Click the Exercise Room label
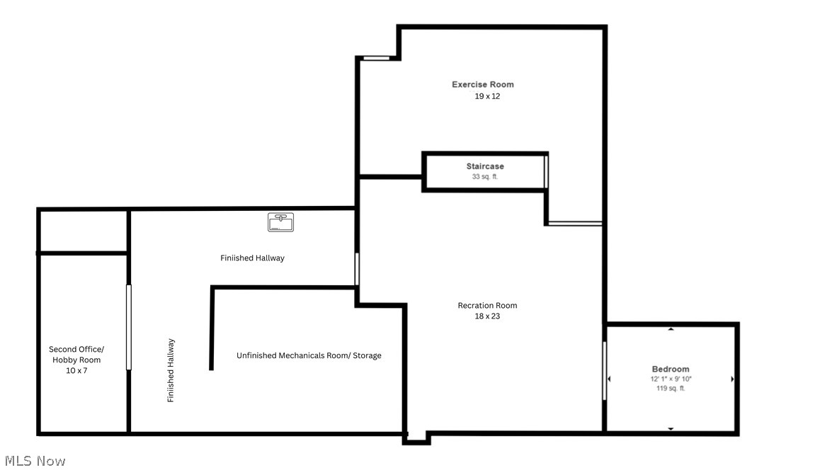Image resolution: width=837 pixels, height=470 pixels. [x=483, y=84]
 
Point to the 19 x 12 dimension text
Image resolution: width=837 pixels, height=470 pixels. [x=487, y=96]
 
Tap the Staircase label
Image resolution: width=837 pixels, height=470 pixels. [x=485, y=166]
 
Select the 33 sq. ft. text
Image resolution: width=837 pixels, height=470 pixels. [x=485, y=177]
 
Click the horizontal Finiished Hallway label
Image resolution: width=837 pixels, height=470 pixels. [x=252, y=258]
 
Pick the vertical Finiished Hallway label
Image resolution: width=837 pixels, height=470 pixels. [x=171, y=370]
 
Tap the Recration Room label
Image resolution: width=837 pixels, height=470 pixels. [x=487, y=306]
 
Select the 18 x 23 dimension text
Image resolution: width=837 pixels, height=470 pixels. [x=487, y=316]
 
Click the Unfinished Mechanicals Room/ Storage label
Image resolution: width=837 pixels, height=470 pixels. [x=309, y=355]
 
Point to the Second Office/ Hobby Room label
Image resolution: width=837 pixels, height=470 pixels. [x=76, y=355]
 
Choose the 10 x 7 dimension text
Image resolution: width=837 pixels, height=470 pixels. [x=76, y=370]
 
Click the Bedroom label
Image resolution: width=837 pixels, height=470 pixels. [x=671, y=369]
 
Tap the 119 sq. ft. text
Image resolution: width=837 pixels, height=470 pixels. [x=671, y=389]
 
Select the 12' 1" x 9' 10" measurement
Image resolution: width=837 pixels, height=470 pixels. [x=671, y=379]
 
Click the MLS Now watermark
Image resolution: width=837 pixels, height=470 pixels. [x=33, y=461]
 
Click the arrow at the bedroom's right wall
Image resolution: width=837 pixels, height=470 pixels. [x=732, y=379]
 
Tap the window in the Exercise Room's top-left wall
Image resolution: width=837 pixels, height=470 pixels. [x=377, y=58]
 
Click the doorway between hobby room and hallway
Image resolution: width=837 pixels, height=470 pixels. [x=129, y=327]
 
